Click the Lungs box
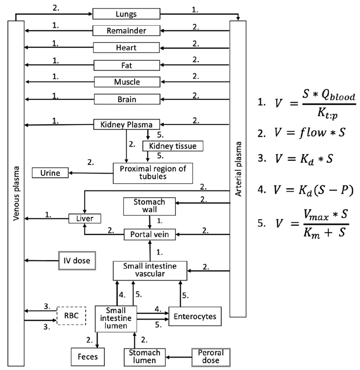pyautogui.click(x=126, y=14)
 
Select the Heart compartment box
pyautogui.click(x=126, y=48)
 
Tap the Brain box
pyautogui.click(x=127, y=99)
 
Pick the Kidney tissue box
pyautogui.click(x=173, y=146)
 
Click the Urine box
pyautogui.click(x=50, y=173)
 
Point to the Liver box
pyautogui.click(x=85, y=219)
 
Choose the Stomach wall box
pyautogui.click(x=149, y=206)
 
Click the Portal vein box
pyautogui.click(x=150, y=235)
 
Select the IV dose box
pyautogui.click(x=77, y=261)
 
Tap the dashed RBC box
pyautogui.click(x=71, y=316)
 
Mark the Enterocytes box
pyautogui.click(x=195, y=316)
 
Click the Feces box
pyautogui.click(x=88, y=357)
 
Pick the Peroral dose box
pyautogui.click(x=211, y=357)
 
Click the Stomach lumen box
pyautogui.click(x=144, y=357)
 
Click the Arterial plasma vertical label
pyautogui.click(x=238, y=168)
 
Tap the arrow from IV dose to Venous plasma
pyautogui.click(x=42, y=261)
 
